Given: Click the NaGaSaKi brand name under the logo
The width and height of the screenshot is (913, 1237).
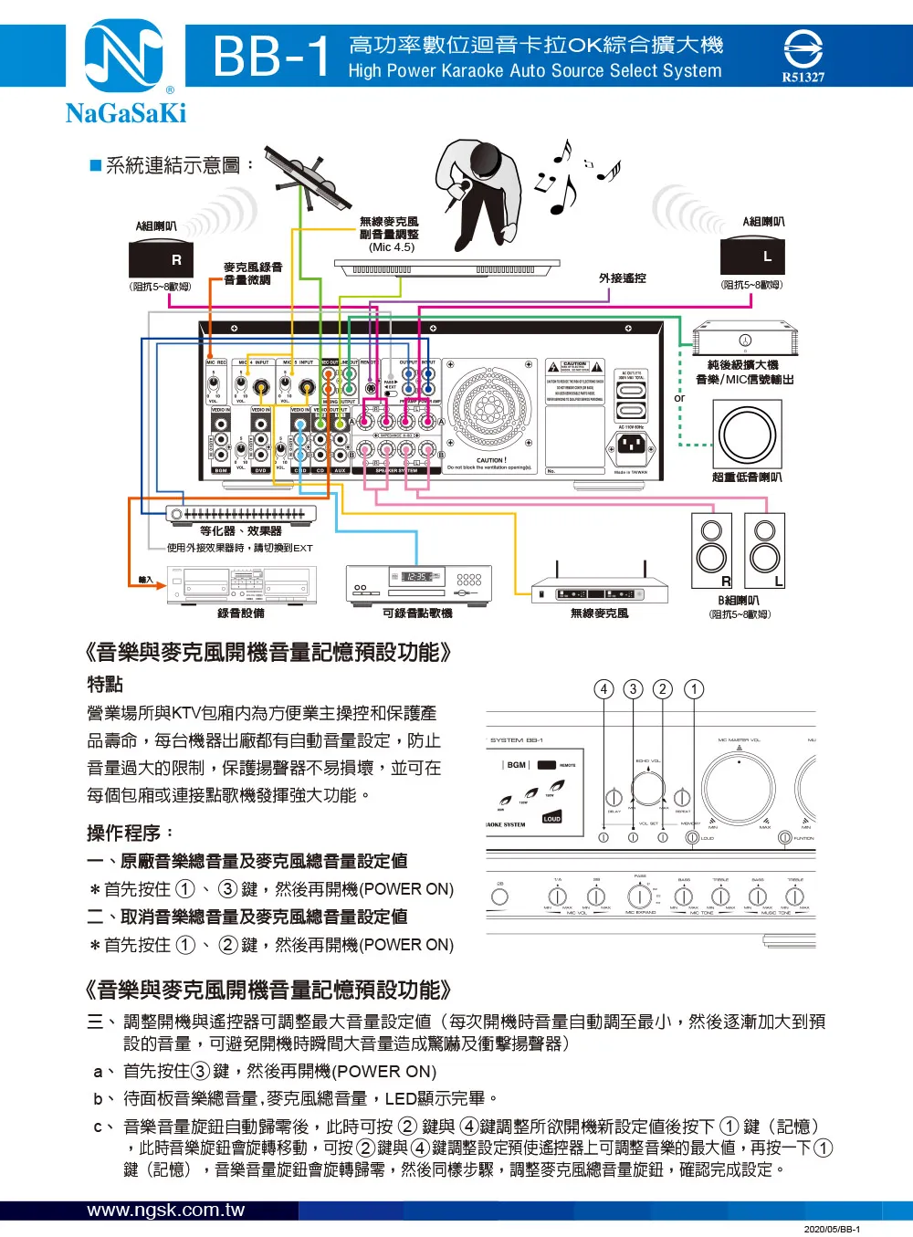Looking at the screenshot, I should [126, 113].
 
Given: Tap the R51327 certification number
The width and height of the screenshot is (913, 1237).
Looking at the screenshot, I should [803, 78].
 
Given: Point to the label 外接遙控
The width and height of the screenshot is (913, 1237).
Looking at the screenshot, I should [622, 278].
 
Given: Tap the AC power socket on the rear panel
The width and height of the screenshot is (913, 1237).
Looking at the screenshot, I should [631, 446].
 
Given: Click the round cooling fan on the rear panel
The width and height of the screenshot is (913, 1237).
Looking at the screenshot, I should [489, 407].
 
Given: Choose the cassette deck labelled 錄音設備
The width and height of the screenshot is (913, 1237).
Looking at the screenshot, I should [242, 584].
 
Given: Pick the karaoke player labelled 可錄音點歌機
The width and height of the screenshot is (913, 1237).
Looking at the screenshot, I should [418, 584].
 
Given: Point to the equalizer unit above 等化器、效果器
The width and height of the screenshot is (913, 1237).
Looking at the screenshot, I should [241, 514].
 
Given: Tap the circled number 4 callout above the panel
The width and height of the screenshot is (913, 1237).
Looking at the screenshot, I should [603, 689].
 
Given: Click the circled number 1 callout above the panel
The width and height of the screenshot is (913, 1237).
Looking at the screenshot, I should [694, 689].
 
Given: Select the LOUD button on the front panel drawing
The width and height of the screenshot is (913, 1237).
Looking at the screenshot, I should [551, 818].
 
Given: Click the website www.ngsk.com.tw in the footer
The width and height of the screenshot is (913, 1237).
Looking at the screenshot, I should [166, 1211].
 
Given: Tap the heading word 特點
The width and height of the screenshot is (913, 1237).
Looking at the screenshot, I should [105, 684].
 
